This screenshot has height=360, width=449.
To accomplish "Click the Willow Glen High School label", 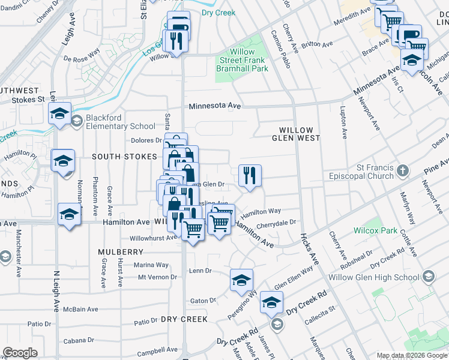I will [x=385, y=277].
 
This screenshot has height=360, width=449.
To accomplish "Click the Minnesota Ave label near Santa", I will [x=215, y=106].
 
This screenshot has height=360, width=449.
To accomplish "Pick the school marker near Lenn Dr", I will [x=241, y=280].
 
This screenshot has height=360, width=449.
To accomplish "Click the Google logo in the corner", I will [x=20, y=353].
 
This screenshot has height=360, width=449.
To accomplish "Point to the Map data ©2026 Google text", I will [x=412, y=355].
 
